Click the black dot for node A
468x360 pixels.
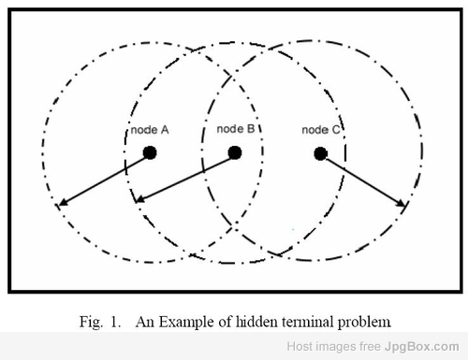click(x=150, y=152)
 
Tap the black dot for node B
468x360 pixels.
click(x=235, y=152)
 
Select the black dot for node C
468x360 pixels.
click(x=320, y=153)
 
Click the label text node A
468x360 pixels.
click(x=150, y=130)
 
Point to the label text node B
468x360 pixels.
click(x=236, y=129)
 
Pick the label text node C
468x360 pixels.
click(x=321, y=130)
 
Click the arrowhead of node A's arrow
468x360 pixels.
click(x=64, y=202)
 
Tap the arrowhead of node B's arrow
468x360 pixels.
click(x=140, y=198)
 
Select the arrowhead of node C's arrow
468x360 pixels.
click(x=401, y=203)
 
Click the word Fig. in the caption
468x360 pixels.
click(x=91, y=322)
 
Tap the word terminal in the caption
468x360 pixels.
click(x=308, y=322)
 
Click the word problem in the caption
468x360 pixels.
click(x=364, y=323)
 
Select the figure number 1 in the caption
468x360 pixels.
click(x=114, y=322)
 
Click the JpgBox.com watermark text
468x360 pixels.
click(x=422, y=347)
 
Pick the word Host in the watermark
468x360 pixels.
click(x=299, y=346)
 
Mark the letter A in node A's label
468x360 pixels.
click(x=165, y=130)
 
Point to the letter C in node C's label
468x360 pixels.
click(x=336, y=130)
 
